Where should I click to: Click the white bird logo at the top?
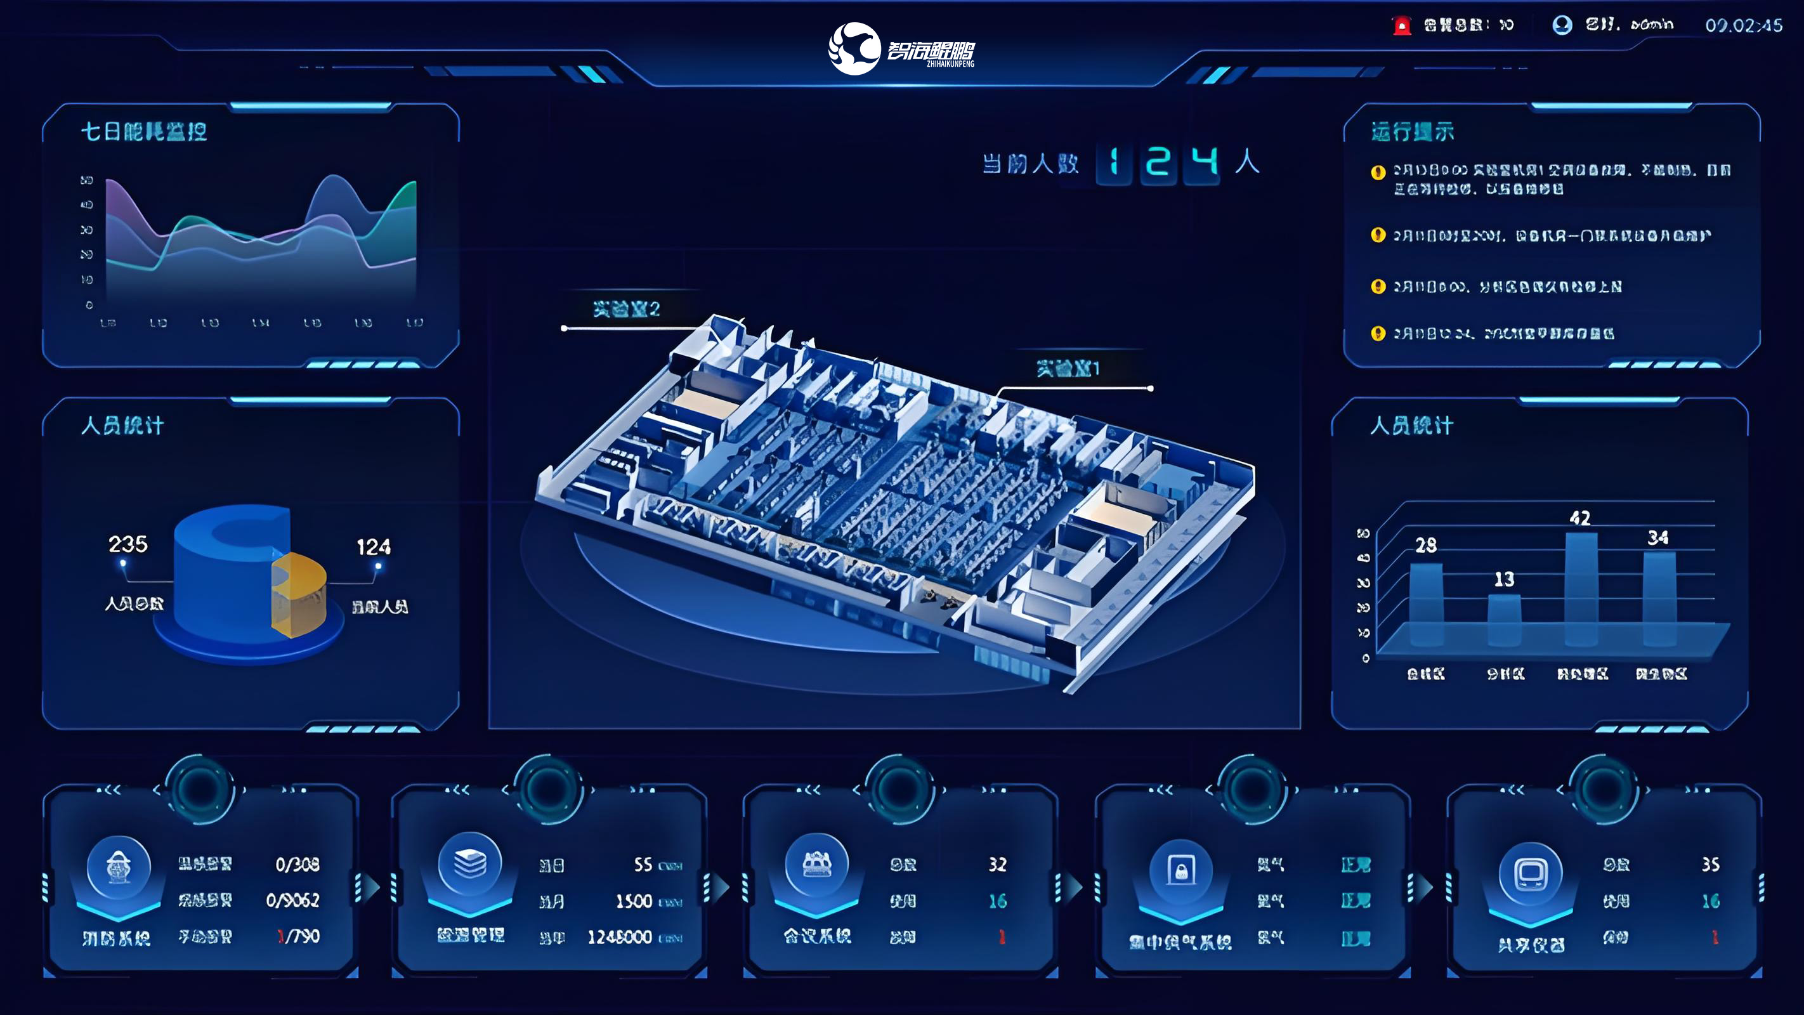point(854,48)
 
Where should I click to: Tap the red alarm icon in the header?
point(1401,26)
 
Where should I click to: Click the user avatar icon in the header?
point(1562,25)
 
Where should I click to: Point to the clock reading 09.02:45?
point(1743,26)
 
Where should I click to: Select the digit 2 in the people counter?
point(1158,162)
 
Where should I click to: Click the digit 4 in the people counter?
point(1204,162)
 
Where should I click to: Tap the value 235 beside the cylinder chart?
point(127,544)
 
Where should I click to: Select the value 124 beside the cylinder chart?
point(373,547)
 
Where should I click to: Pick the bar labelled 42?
point(1581,589)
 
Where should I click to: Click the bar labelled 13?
point(1503,620)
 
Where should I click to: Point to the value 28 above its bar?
point(1426,545)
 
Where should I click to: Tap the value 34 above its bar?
point(1657,538)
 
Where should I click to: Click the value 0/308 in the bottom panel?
point(297,865)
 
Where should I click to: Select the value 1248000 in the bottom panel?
point(620,937)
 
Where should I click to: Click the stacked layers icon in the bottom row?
point(470,863)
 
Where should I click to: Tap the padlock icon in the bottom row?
point(1180,872)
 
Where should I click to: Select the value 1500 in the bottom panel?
point(634,901)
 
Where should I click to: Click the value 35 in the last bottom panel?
point(1710,865)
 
